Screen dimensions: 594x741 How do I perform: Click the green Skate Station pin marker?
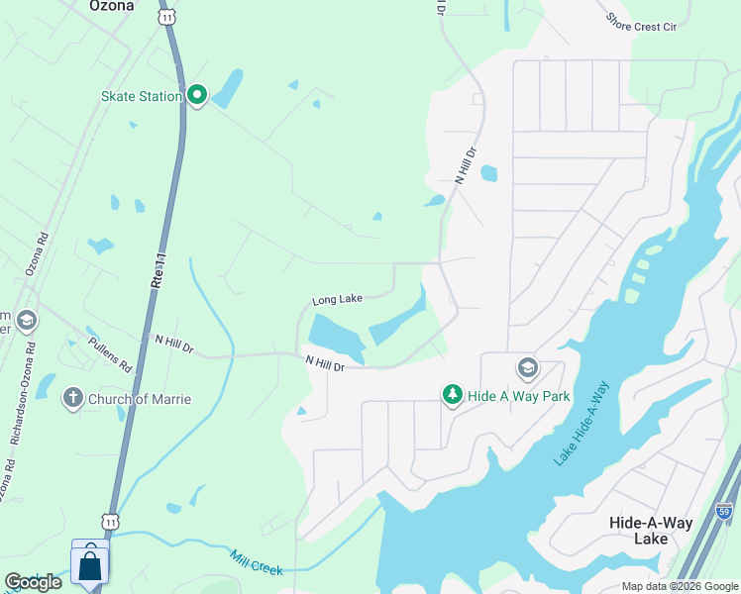196,96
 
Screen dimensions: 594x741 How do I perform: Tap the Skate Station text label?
142,96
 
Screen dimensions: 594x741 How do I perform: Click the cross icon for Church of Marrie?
72,399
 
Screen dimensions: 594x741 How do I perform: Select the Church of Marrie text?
140,400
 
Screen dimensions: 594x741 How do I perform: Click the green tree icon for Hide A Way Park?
453,395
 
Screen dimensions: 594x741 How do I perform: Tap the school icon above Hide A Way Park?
527,369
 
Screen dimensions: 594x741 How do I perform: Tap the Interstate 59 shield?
724,512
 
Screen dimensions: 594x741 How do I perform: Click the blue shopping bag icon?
90,566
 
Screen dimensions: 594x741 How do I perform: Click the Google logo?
33,582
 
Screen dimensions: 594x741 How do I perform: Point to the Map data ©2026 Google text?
680,586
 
